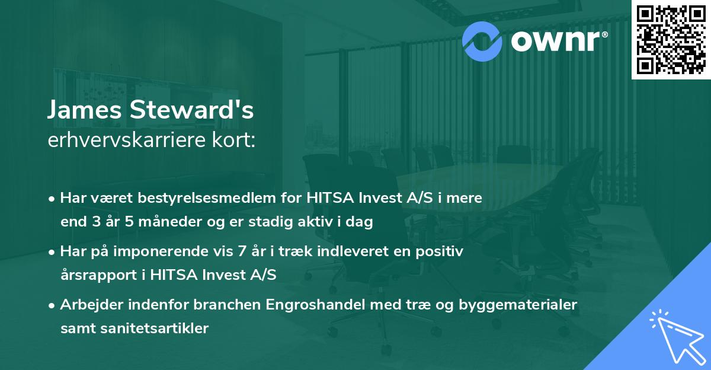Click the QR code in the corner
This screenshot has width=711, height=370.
pyautogui.click(x=671, y=39)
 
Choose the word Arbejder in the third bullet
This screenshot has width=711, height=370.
pyautogui.click(x=88, y=305)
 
